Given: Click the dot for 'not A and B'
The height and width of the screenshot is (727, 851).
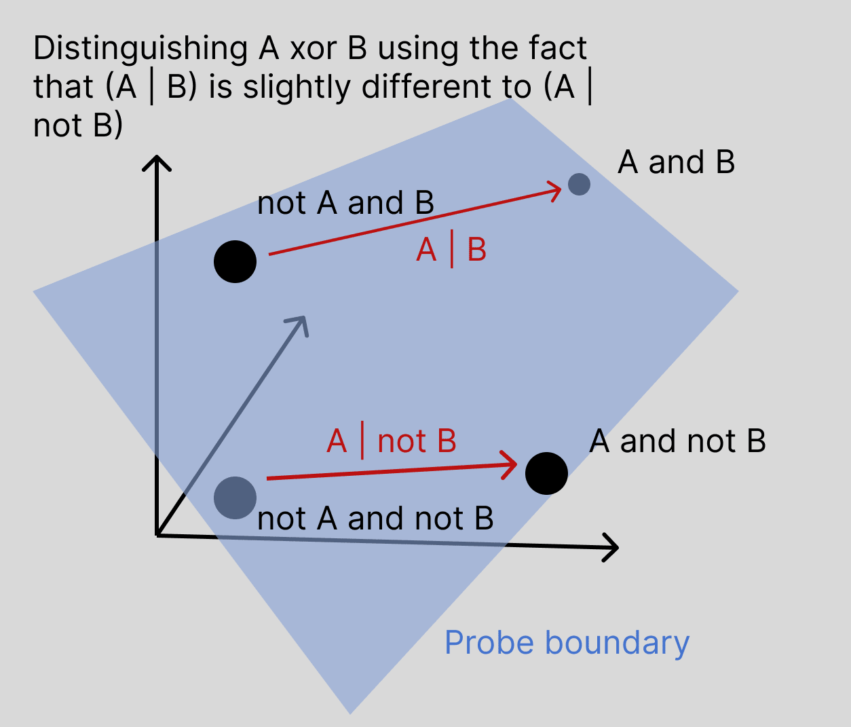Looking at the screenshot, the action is tap(235, 261).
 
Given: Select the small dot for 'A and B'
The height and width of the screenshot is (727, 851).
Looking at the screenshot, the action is tap(579, 184).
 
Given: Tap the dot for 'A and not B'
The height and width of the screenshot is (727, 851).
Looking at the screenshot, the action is tap(546, 473).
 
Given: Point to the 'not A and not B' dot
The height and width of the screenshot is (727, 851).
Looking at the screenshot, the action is tap(235, 498).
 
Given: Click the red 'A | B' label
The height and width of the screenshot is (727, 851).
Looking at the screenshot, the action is tap(451, 250).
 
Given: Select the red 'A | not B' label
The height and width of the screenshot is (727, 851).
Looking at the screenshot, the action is tap(391, 441).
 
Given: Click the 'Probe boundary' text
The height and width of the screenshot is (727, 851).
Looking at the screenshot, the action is tap(567, 642).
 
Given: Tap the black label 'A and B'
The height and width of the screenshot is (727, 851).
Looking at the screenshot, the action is tap(676, 162).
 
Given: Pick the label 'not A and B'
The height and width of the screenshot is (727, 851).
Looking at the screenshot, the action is tap(345, 203).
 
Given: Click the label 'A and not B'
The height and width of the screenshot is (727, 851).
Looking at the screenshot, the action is tap(677, 441).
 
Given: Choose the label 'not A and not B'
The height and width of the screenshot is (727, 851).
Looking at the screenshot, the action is tap(375, 519).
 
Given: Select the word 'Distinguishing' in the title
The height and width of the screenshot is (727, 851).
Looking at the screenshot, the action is tap(140, 49).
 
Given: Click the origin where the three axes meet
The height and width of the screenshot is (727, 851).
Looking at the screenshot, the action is tap(157, 536).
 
